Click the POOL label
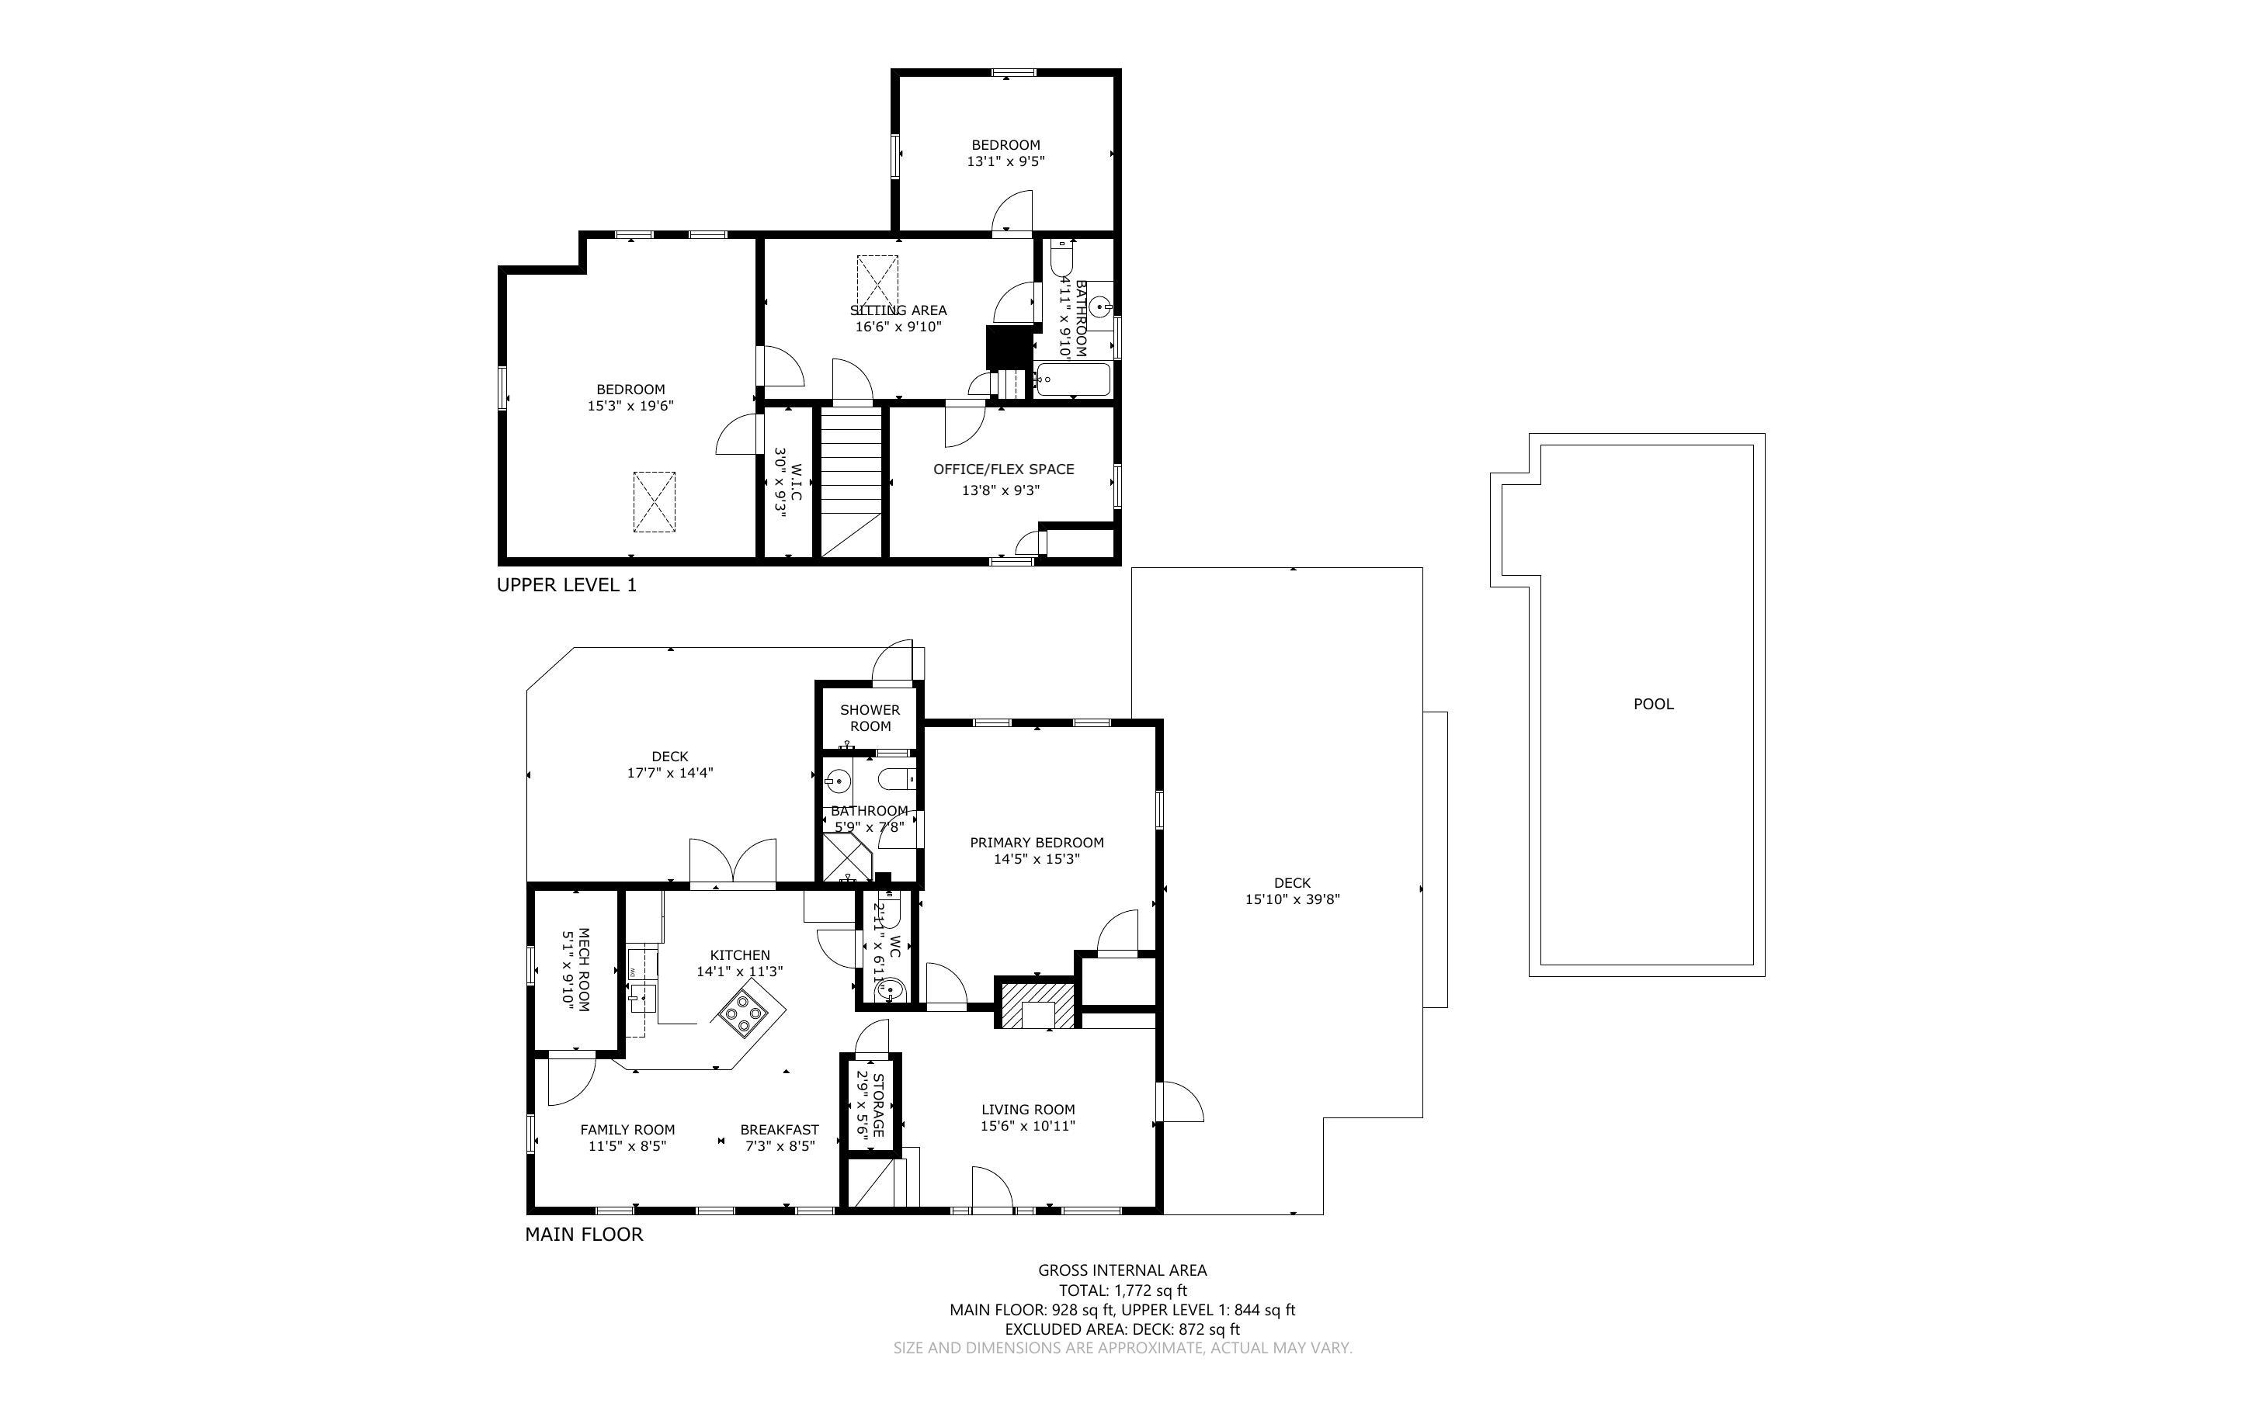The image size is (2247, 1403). point(1653,705)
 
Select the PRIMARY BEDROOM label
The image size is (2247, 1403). point(1037,843)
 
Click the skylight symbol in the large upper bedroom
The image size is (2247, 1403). point(655,502)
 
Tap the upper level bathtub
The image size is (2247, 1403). point(1073,380)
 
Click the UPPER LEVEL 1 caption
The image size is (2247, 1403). point(566,586)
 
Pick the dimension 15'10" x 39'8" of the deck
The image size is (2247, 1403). point(1292,899)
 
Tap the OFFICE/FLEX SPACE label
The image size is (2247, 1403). point(1003,469)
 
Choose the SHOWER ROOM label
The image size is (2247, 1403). point(870,719)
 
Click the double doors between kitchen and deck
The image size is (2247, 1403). point(732,864)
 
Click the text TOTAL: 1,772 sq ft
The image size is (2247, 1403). point(1122,1290)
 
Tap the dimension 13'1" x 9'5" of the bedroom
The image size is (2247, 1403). point(1005,161)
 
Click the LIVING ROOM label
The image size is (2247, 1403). point(1027,1110)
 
